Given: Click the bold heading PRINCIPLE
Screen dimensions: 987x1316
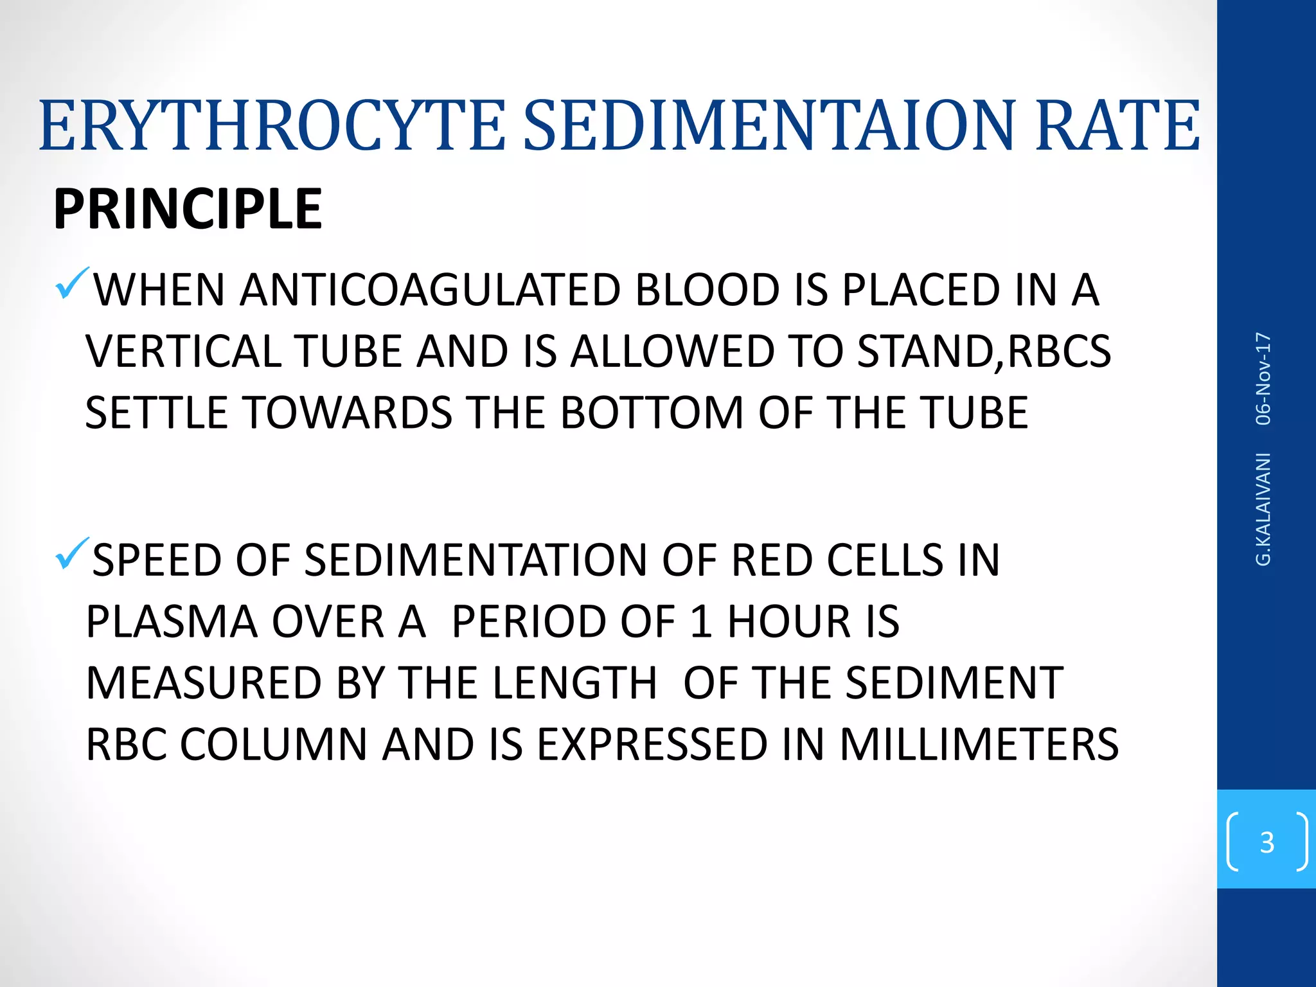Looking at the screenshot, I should [188, 209].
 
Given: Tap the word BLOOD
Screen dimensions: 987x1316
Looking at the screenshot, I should [707, 290].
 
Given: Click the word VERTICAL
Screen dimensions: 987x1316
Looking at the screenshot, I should [183, 352].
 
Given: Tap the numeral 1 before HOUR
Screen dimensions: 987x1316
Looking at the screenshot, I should [701, 622].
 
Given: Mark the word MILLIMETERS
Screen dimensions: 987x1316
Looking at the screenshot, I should [979, 745].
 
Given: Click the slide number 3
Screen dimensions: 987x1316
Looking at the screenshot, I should [1267, 842].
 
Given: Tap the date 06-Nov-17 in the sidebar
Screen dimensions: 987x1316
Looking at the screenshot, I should [1263, 378].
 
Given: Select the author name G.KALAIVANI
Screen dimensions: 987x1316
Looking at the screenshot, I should [1263, 509].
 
